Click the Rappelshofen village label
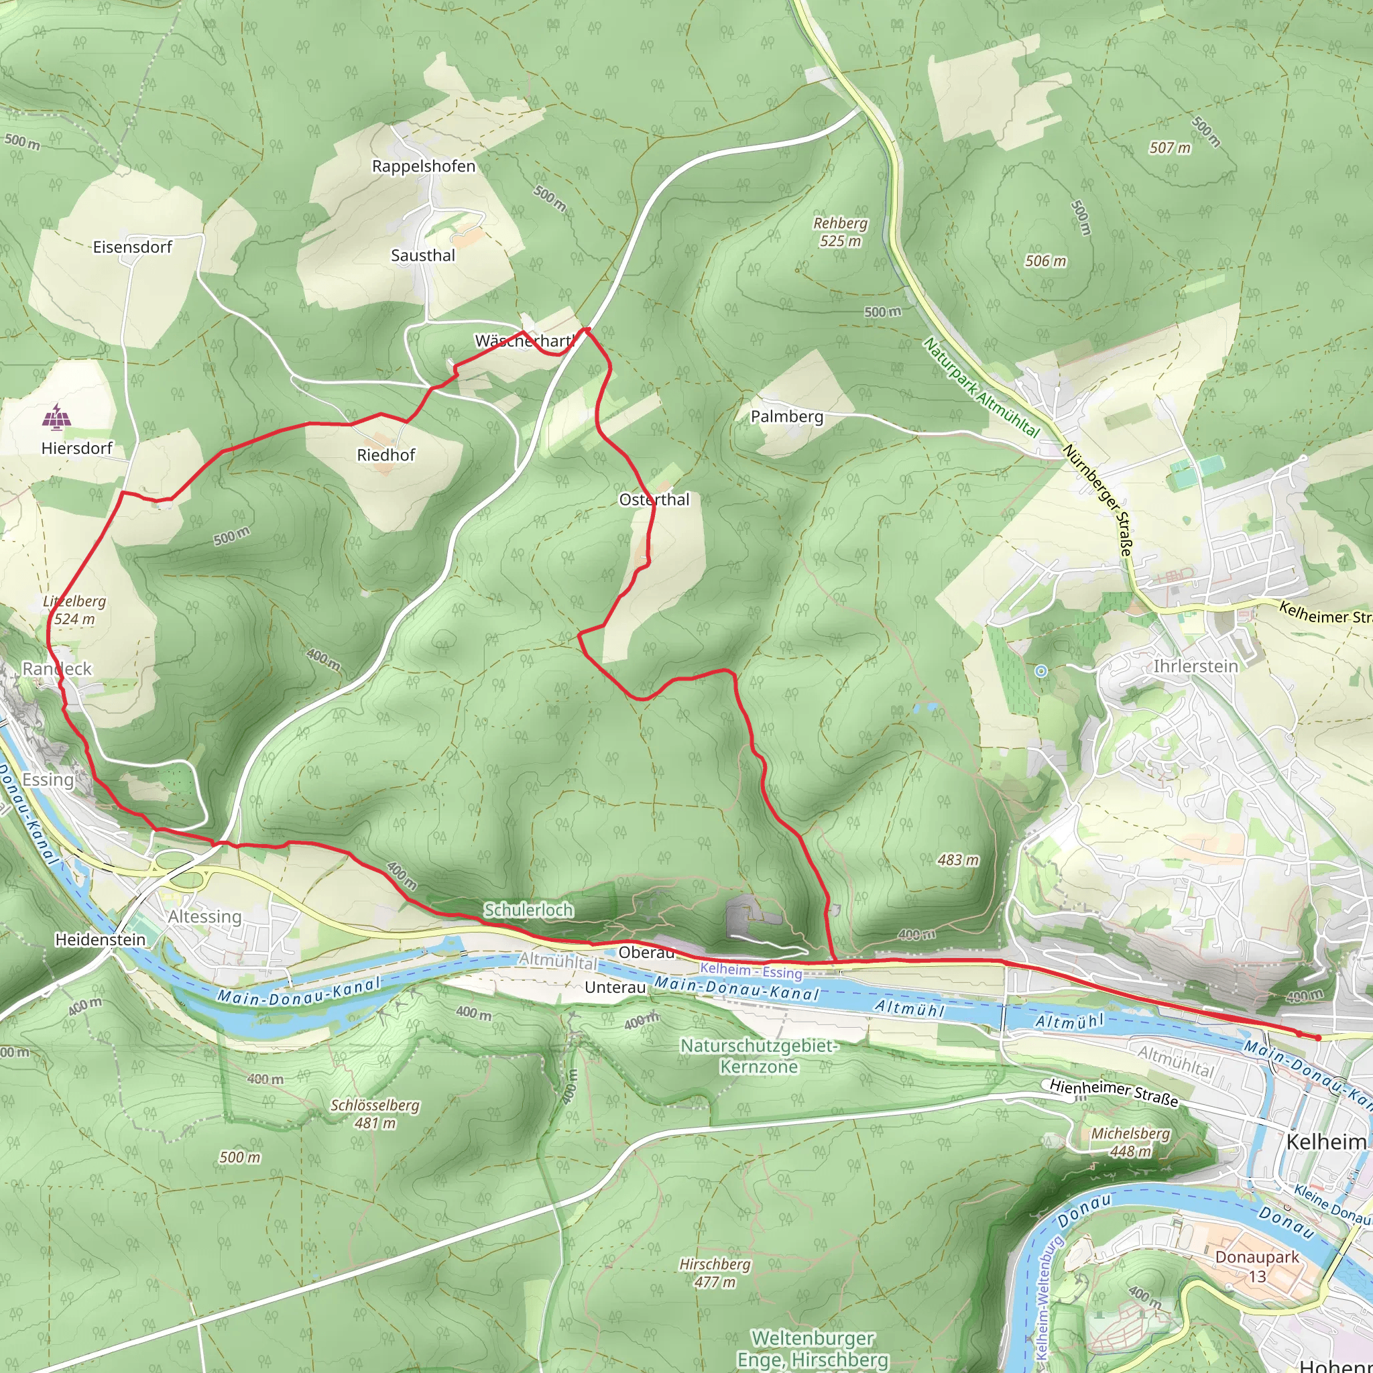coord(424,166)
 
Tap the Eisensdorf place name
coord(133,247)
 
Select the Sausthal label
coord(423,256)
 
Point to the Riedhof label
coord(386,455)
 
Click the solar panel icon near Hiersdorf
coord(56,417)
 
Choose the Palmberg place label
coord(786,416)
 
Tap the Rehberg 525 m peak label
coord(840,233)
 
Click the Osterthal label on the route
coord(654,499)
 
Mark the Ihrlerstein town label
coord(1195,666)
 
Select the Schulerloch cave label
coord(528,910)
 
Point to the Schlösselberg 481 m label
coord(375,1114)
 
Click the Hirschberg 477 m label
coord(714,1273)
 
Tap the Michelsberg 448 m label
coord(1130,1142)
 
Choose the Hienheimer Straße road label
coord(1114,1093)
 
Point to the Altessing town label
coord(204,916)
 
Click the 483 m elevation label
coord(958,860)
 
